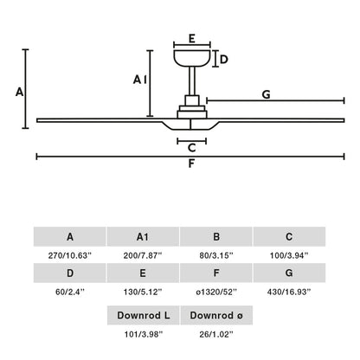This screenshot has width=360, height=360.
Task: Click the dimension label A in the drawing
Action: click(x=17, y=91)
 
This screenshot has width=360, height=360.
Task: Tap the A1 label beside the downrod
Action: click(x=138, y=80)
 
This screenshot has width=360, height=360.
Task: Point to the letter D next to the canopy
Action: click(x=223, y=60)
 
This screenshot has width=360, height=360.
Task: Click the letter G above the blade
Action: click(x=266, y=93)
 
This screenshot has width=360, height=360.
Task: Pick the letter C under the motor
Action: click(x=191, y=148)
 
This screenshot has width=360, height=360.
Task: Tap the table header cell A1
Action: click(x=143, y=236)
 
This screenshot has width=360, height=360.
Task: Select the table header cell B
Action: click(x=216, y=236)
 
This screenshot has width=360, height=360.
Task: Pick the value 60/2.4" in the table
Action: click(x=69, y=293)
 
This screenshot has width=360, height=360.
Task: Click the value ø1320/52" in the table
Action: click(x=216, y=293)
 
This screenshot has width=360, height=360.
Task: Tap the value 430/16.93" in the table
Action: click(x=289, y=293)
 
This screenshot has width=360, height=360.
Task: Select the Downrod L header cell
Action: click(x=143, y=314)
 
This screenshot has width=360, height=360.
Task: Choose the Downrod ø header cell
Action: click(x=216, y=314)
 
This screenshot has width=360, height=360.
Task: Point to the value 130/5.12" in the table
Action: click(x=143, y=293)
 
